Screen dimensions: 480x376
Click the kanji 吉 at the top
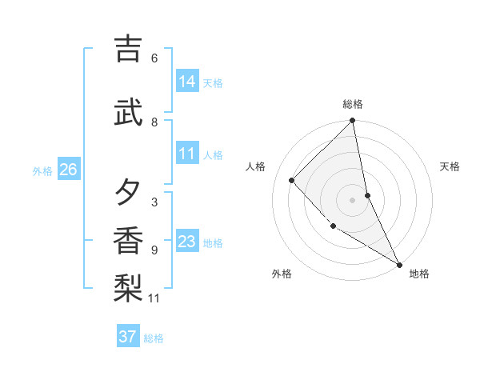pos(128,49)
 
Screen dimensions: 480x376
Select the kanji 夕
pos(128,193)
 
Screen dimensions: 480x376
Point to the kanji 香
pos(128,240)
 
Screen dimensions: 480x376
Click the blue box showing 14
pos(187,82)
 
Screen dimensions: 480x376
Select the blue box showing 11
pos(187,154)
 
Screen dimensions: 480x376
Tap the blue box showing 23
pos(187,242)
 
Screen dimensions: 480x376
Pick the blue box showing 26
pos(69,170)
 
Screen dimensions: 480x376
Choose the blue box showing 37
pos(128,337)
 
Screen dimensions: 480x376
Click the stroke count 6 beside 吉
pos(154,58)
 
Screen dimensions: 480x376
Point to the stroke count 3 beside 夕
pos(154,202)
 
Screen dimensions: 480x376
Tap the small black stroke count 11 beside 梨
pos(154,298)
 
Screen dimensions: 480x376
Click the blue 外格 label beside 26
pos(42,170)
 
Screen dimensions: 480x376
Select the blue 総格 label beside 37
pos(154,338)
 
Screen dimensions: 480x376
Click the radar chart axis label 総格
pos(353,104)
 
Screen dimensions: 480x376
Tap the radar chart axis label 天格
pos(450,166)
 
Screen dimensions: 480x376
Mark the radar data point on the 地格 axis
pos(399,264)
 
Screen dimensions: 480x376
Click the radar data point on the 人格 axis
pos(292,180)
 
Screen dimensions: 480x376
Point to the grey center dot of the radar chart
pos(353,199)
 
